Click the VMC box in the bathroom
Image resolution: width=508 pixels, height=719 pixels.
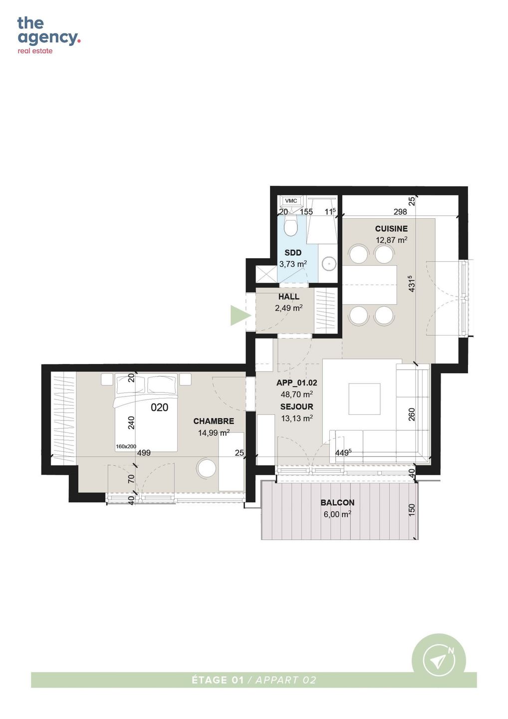291,201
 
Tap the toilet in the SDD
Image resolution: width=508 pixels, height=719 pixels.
291,225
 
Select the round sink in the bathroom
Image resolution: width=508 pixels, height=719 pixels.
329,264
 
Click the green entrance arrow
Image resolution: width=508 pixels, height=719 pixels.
241,316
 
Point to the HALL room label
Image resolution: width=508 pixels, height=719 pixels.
288,297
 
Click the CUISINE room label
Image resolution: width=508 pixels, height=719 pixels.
391,229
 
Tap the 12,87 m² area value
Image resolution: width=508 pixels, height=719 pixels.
391,240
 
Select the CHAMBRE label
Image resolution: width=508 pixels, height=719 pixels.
214,421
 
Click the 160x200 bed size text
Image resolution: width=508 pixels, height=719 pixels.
126,446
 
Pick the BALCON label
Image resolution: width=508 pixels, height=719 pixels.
337,502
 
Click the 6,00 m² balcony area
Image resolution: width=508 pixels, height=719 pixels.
337,514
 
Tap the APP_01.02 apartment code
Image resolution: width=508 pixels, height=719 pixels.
296,382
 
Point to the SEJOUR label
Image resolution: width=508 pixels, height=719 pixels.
296,406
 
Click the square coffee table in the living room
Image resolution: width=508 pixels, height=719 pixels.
365,399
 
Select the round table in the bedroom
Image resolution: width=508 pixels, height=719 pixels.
207,469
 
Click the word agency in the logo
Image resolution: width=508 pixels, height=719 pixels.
47,38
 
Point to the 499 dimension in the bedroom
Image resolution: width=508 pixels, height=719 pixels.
144,452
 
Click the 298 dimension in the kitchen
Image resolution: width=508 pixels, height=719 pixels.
400,212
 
